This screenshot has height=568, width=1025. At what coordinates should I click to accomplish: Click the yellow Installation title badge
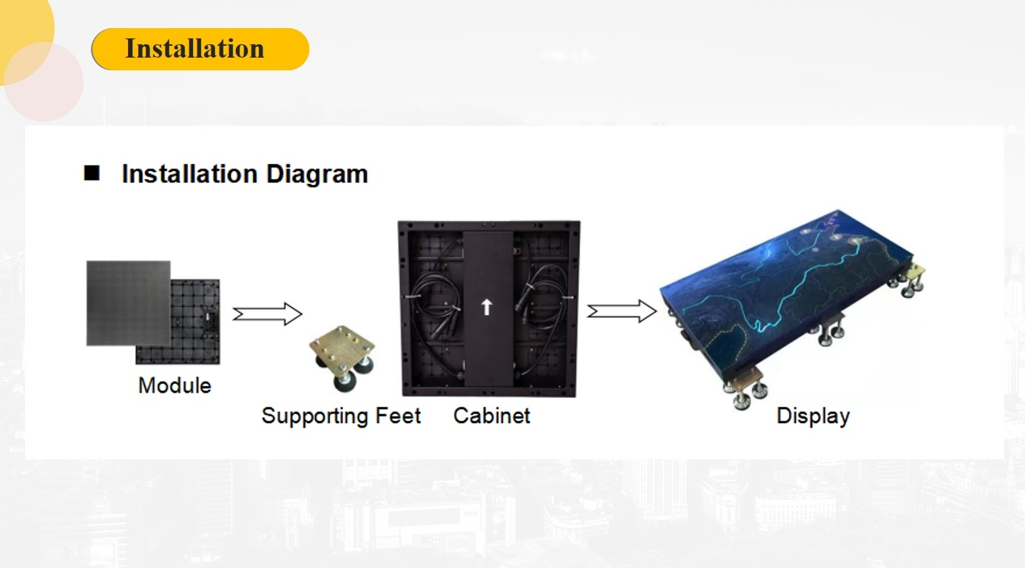click(200, 50)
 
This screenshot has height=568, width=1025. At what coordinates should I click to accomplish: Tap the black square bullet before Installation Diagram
click(92, 173)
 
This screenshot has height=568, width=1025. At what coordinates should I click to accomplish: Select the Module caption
click(175, 385)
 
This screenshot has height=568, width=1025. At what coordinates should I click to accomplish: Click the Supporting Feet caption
click(341, 416)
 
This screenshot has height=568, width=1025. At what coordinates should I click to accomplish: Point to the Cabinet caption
click(492, 416)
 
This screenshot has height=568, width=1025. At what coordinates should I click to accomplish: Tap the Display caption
click(813, 416)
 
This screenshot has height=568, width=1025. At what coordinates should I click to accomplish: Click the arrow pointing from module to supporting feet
click(267, 314)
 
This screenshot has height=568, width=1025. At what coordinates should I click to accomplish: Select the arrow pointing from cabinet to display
click(622, 311)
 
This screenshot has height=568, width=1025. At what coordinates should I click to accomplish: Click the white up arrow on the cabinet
click(486, 306)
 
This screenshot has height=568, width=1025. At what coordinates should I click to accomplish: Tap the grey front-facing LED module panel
click(127, 302)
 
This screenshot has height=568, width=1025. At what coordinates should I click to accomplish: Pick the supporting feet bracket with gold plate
click(341, 354)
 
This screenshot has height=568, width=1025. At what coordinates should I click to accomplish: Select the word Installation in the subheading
click(189, 174)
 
